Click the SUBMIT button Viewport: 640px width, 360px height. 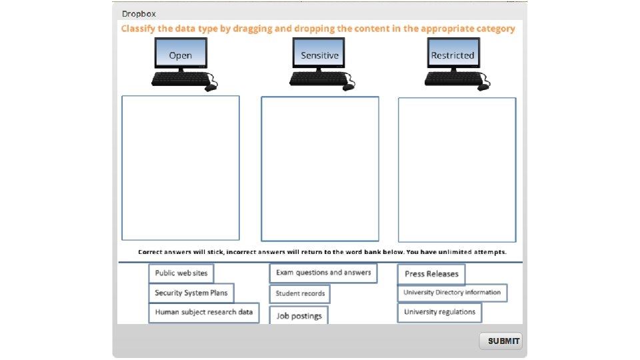coord(501,341)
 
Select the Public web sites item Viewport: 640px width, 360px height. coord(181,273)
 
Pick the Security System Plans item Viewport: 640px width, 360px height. coord(191,293)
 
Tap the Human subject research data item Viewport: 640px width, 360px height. coord(204,312)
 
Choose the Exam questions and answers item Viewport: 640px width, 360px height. coord(323,273)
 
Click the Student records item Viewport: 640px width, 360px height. coord(300,293)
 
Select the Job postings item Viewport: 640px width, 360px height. coord(299,316)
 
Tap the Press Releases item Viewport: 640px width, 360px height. coord(431,274)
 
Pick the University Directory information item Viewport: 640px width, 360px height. coord(452,292)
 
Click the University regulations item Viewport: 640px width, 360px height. coord(439,312)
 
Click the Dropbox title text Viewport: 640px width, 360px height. coord(139,13)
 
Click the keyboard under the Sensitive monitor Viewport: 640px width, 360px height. coord(314,79)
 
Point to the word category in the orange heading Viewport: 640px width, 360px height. coord(493,29)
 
